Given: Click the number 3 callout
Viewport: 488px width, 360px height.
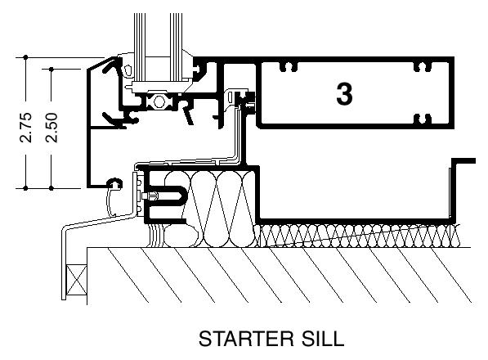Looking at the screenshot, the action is point(344,94).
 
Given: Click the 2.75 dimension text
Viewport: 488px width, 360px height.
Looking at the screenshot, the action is point(26,128).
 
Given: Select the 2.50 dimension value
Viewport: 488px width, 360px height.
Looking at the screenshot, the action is point(51,128).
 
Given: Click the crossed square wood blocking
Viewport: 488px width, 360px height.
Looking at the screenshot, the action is point(77,279).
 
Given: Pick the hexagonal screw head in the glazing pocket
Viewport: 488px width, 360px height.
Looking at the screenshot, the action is point(159,101).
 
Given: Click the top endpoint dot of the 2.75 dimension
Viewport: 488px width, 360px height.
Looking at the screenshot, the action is point(26,57).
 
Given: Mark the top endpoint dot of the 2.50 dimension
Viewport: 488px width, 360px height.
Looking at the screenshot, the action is point(51,69).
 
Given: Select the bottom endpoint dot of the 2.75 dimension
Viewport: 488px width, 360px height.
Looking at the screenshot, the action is point(26,188).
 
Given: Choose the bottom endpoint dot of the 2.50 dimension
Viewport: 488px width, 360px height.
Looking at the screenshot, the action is point(51,188).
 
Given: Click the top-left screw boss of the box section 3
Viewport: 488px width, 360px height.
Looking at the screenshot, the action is point(289,67).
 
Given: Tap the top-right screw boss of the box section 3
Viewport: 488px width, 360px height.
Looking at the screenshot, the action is point(423,67).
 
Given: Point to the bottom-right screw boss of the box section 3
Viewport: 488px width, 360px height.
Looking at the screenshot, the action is point(423,119).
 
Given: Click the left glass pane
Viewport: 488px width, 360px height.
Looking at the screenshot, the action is point(140,47).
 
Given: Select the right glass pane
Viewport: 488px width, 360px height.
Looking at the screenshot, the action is point(176,47).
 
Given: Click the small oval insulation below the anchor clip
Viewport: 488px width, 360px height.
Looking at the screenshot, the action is point(181,236).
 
